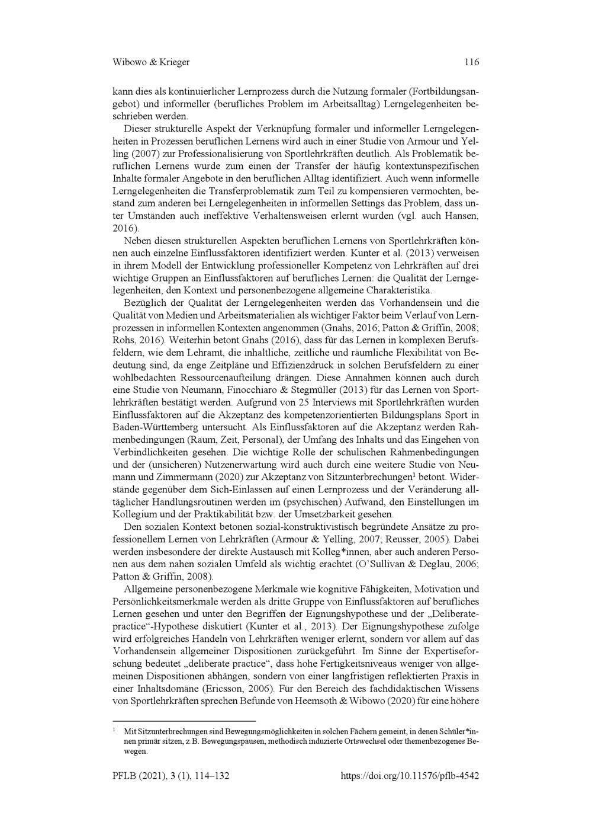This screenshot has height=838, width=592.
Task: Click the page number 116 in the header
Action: click(471, 62)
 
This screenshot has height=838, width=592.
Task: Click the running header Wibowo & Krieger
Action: click(150, 62)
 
